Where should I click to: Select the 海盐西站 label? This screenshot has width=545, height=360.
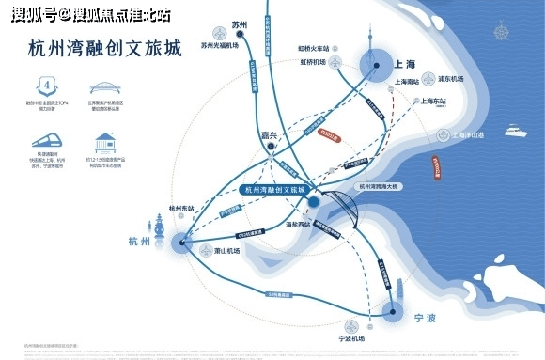point(302,226)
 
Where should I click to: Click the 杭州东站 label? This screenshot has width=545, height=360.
point(179,208)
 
